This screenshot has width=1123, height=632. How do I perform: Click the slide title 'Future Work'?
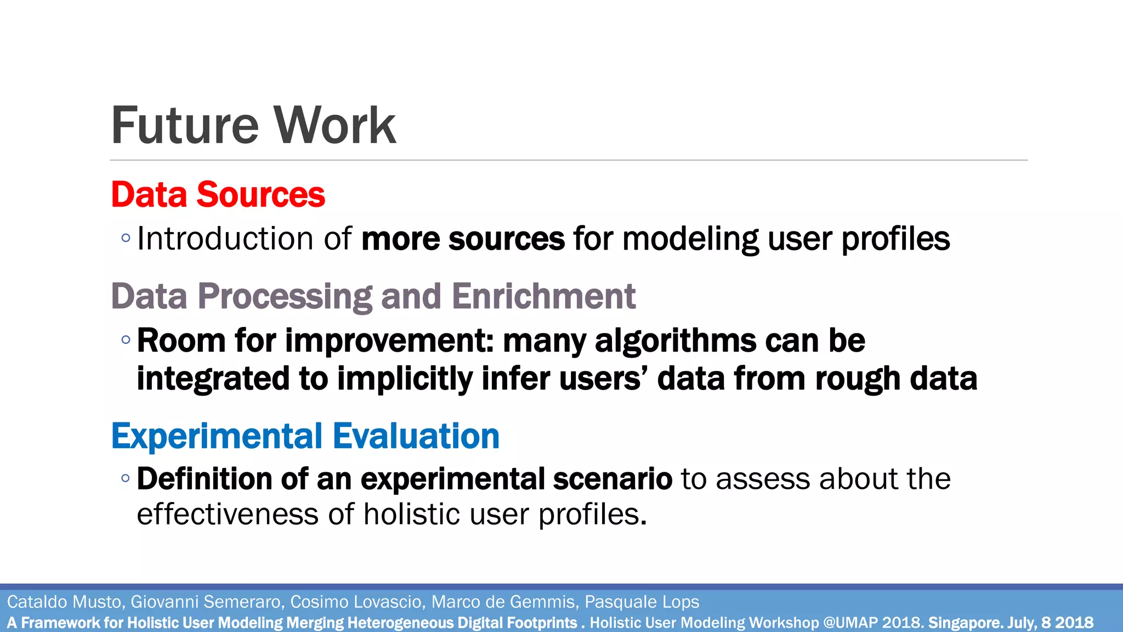tap(253, 126)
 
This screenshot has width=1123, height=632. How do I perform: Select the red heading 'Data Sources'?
tap(218, 195)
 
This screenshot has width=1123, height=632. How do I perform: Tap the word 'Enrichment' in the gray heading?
tap(543, 297)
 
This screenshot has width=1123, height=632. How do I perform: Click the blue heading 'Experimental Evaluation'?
tap(305, 437)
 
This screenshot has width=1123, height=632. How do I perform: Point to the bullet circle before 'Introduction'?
tap(126, 238)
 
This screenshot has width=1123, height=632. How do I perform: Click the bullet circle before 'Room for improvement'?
tap(126, 340)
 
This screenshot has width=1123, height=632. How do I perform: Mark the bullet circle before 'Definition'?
tap(126, 478)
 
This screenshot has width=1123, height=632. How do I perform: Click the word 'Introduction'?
tap(225, 239)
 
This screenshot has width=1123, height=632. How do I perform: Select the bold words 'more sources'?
tap(463, 239)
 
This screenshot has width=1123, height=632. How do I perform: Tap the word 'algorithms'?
tap(676, 341)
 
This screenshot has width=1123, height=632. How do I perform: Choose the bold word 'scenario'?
tap(612, 479)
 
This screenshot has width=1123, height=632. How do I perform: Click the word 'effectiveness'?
tap(228, 515)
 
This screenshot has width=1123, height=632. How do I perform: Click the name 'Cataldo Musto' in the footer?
tap(64, 602)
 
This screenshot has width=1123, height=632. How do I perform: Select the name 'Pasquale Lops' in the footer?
tap(642, 602)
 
